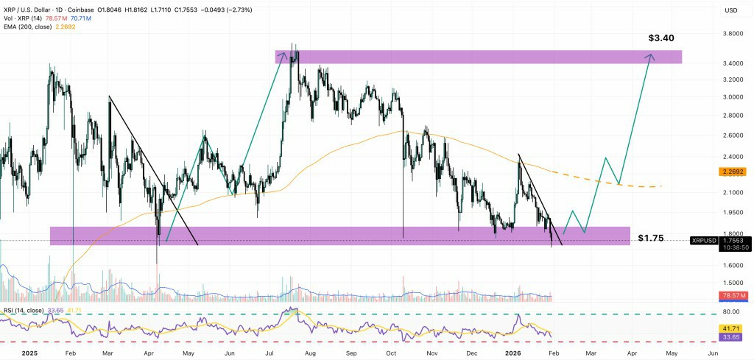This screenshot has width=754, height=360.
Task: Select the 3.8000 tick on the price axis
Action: [x=732, y=34]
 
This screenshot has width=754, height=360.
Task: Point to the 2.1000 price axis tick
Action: [x=732, y=192]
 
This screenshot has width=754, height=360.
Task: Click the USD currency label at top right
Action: [x=731, y=10]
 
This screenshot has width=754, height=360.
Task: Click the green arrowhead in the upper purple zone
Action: [x=282, y=54]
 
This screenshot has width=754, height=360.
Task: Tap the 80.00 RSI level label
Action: [x=732, y=312]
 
